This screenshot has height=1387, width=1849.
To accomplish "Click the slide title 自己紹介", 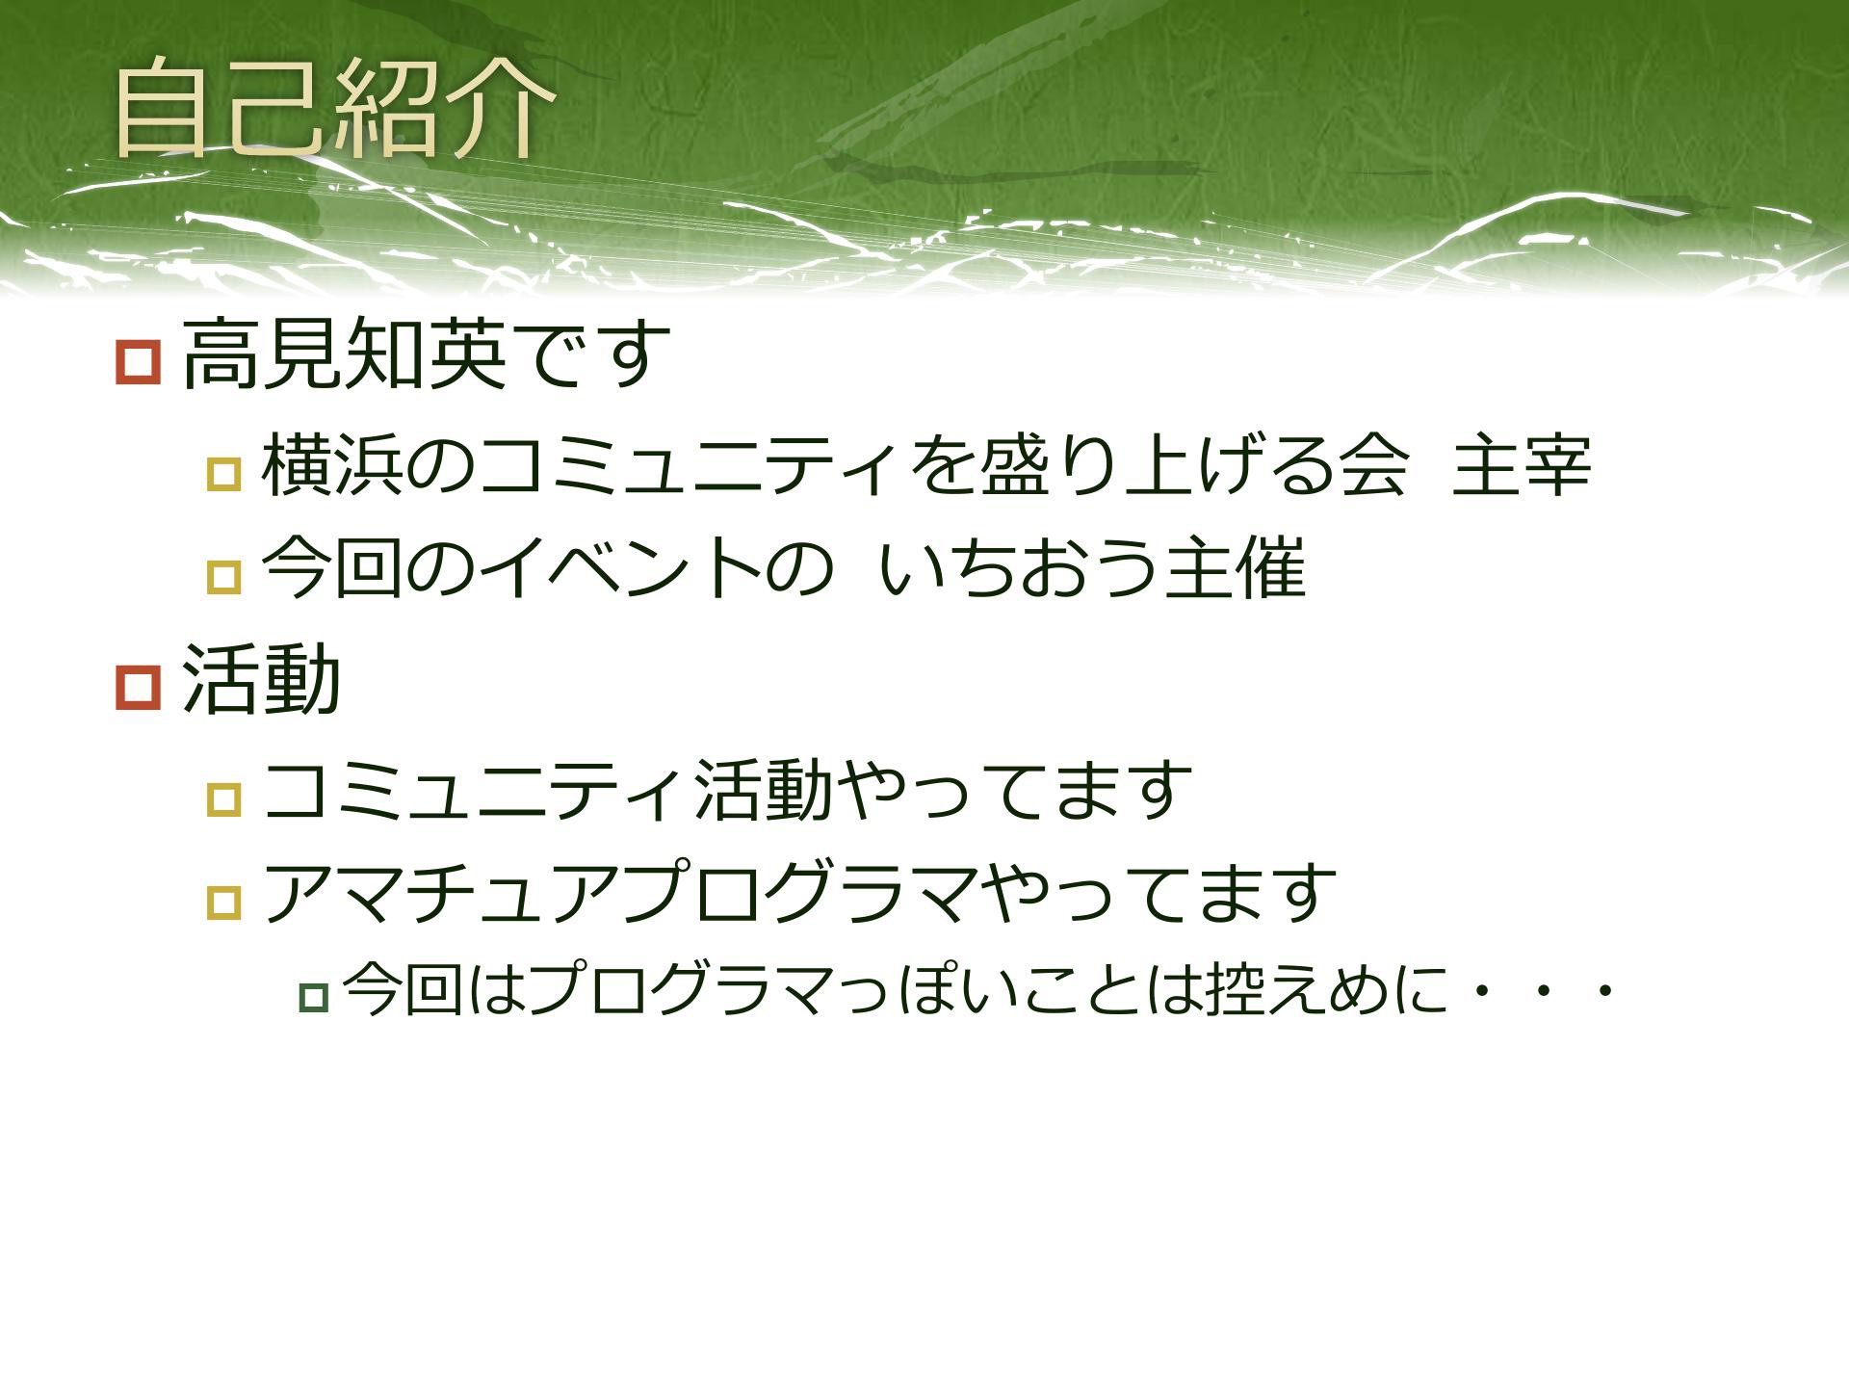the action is pyautogui.click(x=334, y=107).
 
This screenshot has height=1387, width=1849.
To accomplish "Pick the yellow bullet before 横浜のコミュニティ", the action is pyautogui.click(x=223, y=474).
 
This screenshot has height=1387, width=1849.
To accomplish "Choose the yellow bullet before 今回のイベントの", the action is pyautogui.click(x=223, y=577).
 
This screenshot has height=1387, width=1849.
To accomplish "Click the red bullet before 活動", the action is pyautogui.click(x=138, y=688).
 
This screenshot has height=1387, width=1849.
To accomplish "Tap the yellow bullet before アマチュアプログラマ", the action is pyautogui.click(x=223, y=902).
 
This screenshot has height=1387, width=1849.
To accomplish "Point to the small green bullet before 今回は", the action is pyautogui.click(x=314, y=998).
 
